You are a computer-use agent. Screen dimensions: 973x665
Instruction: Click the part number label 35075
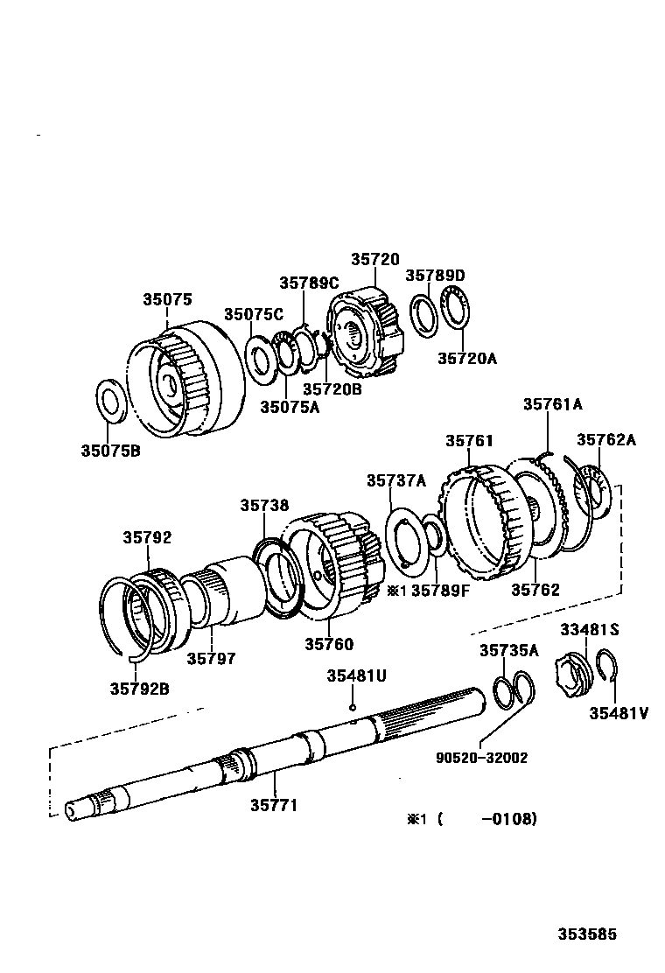click(167, 299)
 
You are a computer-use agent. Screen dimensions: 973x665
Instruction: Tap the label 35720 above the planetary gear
click(375, 259)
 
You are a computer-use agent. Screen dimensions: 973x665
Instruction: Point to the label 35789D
click(435, 275)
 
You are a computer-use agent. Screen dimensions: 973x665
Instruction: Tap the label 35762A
click(605, 439)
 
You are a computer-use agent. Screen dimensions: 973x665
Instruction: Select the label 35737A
click(395, 479)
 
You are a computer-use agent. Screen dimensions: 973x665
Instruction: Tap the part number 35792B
click(139, 688)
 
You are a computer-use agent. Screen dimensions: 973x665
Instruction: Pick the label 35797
click(211, 658)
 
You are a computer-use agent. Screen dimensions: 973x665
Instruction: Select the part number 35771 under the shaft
click(274, 805)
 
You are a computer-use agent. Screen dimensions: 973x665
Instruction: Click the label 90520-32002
click(483, 758)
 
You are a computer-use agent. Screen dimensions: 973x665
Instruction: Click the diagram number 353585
click(588, 934)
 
